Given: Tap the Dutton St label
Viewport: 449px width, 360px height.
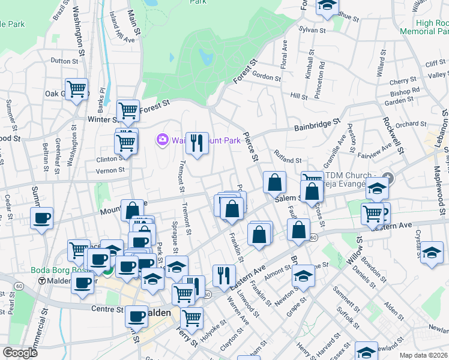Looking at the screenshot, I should pos(65,61).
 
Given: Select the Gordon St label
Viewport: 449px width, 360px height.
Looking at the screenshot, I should pos(267,77).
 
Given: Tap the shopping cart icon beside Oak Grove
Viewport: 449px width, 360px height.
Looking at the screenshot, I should pos(76,90).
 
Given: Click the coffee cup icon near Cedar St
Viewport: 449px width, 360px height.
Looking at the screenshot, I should pos(42,219).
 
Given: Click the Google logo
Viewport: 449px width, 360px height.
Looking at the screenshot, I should pos(20,353).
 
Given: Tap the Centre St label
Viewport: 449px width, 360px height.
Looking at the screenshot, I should pos(107,309).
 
